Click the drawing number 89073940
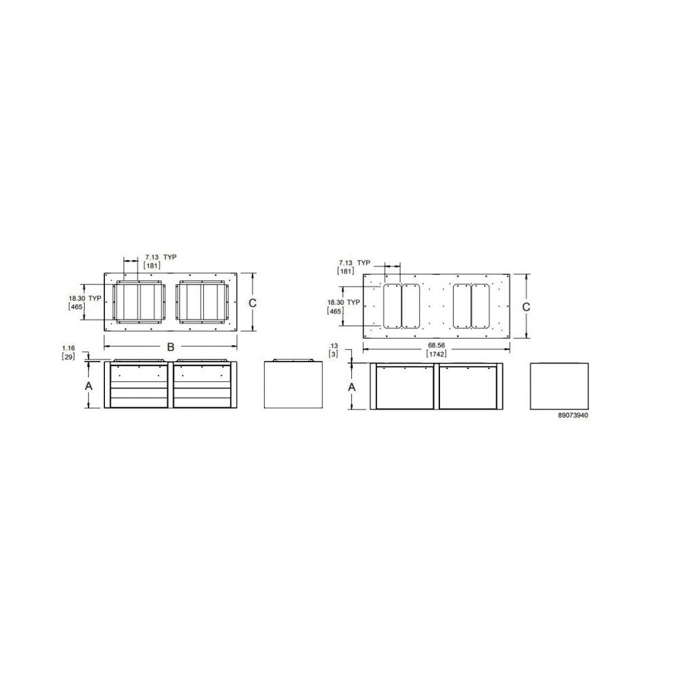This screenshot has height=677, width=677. coord(573,416)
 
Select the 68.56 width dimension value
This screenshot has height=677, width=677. coord(436,345)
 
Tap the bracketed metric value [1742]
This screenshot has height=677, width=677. coord(436,354)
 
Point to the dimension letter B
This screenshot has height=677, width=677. coord(171,347)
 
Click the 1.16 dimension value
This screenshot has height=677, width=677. coord(68,348)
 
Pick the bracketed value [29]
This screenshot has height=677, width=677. coord(68,357)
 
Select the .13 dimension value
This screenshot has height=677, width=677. coord(333,346)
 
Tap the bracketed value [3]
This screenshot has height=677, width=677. coord(333,354)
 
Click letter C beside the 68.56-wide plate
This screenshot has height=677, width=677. coord(526,307)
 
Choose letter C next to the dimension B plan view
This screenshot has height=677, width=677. coord(253,303)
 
